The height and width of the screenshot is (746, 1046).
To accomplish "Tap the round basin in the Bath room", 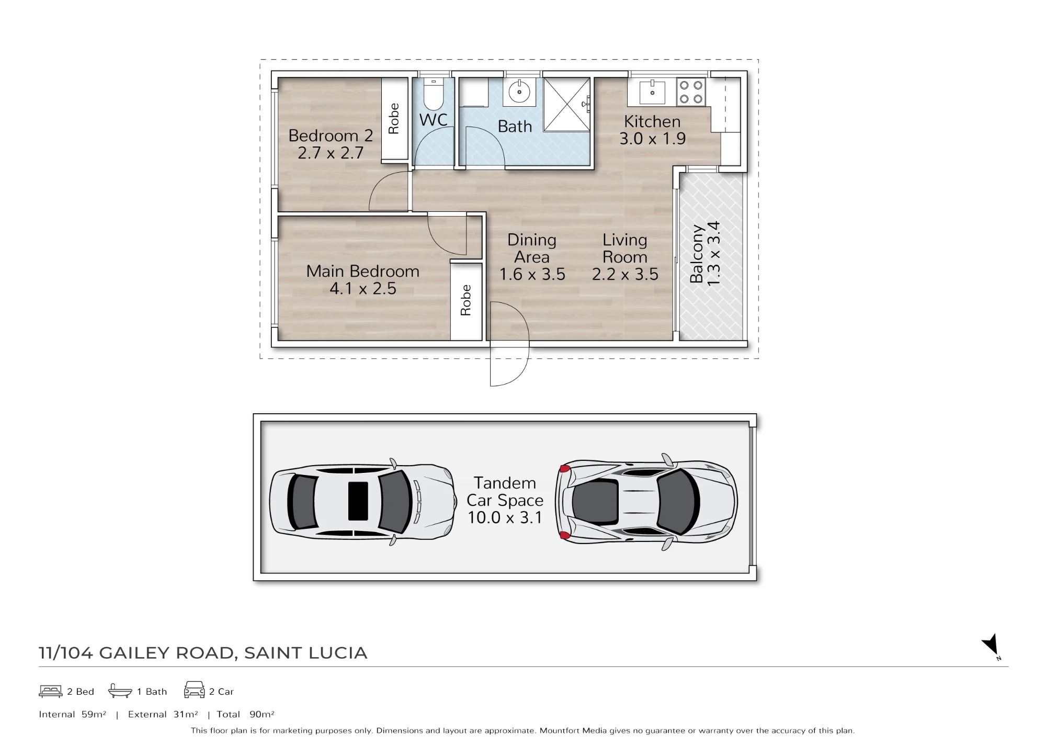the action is (x=519, y=93).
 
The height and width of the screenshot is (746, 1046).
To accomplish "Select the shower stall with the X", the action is (x=567, y=105).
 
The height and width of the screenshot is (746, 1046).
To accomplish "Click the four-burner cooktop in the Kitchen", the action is (x=691, y=92).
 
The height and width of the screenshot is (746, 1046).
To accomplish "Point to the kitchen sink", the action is (x=652, y=93).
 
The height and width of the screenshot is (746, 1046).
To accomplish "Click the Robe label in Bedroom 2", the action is (x=394, y=119).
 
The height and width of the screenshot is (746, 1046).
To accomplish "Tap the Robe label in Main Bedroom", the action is (x=465, y=300).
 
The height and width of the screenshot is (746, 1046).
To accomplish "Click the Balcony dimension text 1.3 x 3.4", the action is (x=713, y=254).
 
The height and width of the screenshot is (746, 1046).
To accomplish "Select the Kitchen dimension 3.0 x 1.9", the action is (x=652, y=139).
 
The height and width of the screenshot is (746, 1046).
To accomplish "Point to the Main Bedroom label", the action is (x=362, y=271).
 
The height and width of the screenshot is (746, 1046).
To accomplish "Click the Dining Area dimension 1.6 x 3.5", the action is (x=532, y=275).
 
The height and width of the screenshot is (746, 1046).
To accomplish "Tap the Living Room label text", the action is (x=625, y=248).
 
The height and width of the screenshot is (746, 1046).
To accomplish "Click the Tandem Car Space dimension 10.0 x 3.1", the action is (x=505, y=517).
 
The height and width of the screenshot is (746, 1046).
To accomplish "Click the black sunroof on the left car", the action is (x=358, y=501).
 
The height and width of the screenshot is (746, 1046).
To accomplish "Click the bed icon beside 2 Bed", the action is (x=51, y=691).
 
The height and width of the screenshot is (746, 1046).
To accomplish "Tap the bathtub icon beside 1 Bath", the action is (x=120, y=691).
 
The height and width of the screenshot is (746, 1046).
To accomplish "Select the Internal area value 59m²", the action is (x=94, y=714).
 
